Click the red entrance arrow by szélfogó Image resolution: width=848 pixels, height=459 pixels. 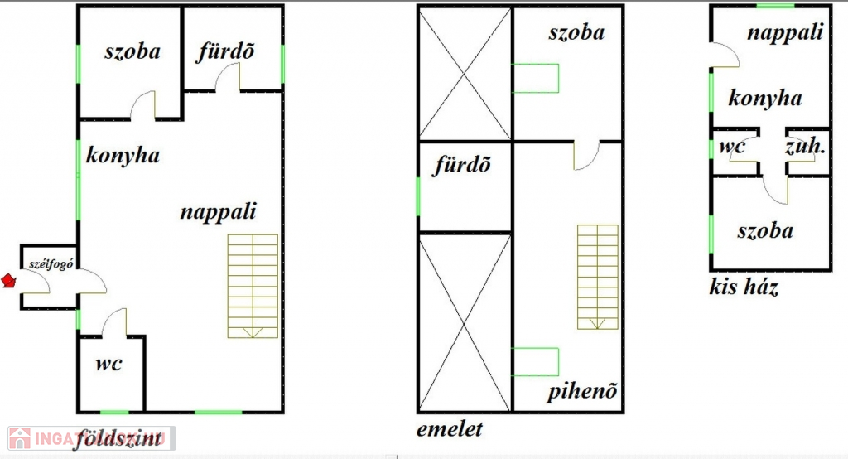pos(9,281)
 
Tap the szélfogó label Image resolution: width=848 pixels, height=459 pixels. pos(48,264)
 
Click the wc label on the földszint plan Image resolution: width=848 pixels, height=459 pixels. pos(109,364)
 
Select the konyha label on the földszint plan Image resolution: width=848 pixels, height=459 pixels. pos(123,155)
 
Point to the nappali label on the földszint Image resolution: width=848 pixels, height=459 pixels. pos(219,211)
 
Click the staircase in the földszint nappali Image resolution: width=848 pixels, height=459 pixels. pos(253,285)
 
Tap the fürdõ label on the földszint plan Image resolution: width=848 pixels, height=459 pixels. pos(225,51)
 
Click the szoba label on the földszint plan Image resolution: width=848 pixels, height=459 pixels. pos(132,51)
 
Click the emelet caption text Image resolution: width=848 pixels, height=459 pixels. pos(450,429)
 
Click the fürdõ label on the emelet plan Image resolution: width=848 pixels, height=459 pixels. pos(463,165)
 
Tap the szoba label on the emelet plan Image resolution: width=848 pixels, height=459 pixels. pos(576,32)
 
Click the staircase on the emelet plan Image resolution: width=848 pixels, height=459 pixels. pos(597,277)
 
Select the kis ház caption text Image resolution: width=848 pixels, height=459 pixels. pos(744,287)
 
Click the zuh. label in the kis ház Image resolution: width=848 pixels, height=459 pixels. pos(805,147)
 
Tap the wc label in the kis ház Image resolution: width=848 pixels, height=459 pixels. pos(733,147)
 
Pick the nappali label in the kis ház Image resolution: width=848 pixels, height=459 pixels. pos(785,32)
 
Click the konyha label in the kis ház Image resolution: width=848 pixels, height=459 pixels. pos(765,99)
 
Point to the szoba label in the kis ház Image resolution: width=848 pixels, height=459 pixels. pos(765,230)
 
